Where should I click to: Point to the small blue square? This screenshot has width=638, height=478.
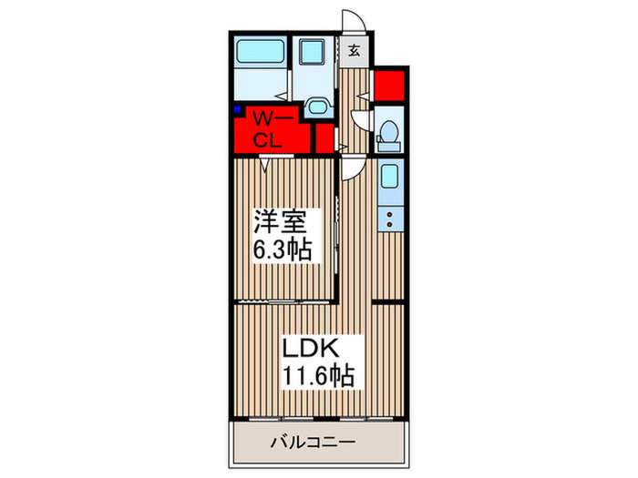(x=237, y=111)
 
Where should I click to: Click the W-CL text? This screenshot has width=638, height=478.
(x=271, y=128)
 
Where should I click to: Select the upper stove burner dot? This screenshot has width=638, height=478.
(x=389, y=216)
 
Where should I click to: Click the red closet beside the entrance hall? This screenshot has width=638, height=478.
(x=388, y=85)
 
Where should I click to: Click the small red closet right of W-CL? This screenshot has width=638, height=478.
(x=324, y=137)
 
